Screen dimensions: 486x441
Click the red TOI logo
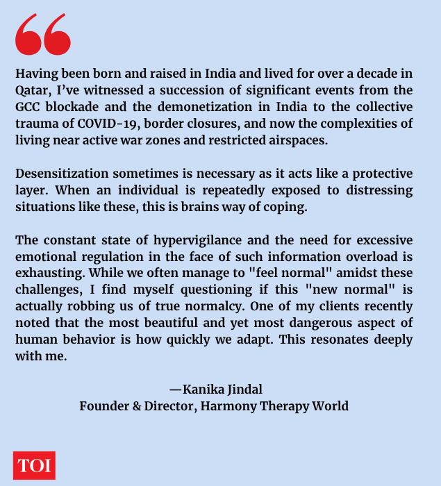pyautogui.click(x=34, y=465)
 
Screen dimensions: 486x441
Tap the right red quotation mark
pyautogui.click(x=58, y=35)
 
